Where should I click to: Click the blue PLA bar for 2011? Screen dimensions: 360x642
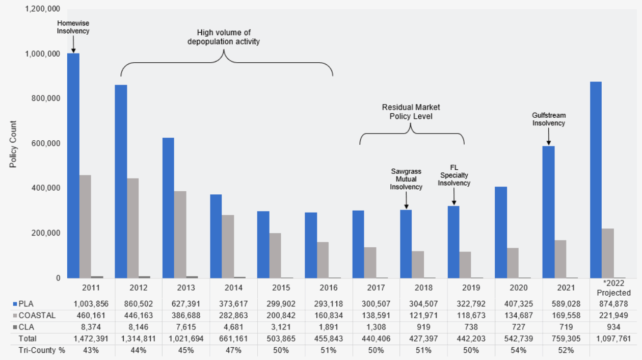(x=73, y=166)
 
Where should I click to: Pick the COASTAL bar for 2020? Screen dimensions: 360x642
(x=513, y=263)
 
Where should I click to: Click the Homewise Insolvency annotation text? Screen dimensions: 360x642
(x=73, y=27)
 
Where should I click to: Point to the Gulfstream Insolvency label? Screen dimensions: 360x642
(x=549, y=119)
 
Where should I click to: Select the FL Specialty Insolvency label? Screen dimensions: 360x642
(x=453, y=175)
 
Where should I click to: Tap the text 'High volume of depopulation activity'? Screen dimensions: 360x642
(x=224, y=37)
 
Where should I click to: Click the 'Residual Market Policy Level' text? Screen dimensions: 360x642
(x=411, y=112)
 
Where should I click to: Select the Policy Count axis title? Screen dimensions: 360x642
(x=13, y=144)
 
